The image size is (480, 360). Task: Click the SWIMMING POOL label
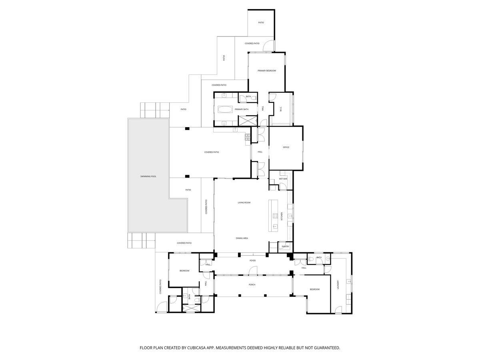(148, 176)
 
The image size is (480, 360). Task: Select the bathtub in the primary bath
(224, 109)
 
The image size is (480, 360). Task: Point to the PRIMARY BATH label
(242, 109)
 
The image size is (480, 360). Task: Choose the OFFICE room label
(286, 147)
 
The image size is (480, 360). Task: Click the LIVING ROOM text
(244, 202)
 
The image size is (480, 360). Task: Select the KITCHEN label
(282, 216)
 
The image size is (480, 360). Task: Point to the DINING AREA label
(242, 238)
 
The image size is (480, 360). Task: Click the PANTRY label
(285, 246)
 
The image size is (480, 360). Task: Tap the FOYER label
(252, 260)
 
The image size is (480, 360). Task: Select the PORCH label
(252, 285)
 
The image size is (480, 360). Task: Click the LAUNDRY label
(338, 284)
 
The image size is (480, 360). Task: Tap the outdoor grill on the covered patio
(248, 137)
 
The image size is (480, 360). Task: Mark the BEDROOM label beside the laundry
(314, 289)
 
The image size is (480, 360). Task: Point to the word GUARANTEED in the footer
(324, 348)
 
